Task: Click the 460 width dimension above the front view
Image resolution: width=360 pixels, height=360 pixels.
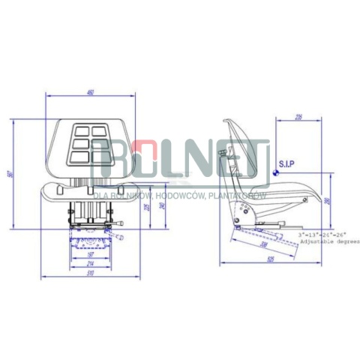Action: point(90,92)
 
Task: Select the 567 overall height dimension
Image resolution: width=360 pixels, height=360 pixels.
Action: point(9,174)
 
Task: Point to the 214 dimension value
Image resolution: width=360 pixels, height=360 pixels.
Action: point(90,264)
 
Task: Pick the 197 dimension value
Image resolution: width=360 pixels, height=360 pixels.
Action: point(90,254)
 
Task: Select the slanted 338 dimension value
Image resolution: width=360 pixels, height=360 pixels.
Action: point(264,244)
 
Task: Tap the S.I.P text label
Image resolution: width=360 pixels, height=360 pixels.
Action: point(286,163)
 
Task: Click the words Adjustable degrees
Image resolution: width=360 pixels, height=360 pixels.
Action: point(330,242)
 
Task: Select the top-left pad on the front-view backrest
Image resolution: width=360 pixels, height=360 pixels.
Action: point(78,130)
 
